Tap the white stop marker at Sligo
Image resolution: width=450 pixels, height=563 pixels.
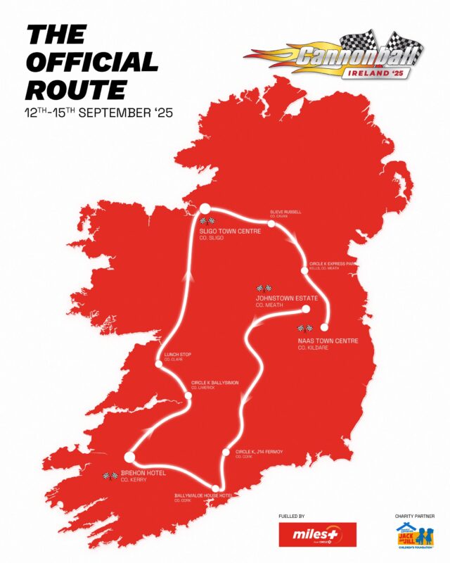click(x=205, y=208)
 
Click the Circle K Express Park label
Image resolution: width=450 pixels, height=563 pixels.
click(x=329, y=265)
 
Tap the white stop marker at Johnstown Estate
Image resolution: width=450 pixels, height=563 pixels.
click(x=307, y=309)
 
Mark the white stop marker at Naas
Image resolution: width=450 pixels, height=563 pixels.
click(x=325, y=327)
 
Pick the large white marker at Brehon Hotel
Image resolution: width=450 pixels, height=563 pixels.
click(x=129, y=457)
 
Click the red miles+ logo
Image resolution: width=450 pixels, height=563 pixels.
click(x=318, y=534)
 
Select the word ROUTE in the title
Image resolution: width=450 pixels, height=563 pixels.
click(x=77, y=89)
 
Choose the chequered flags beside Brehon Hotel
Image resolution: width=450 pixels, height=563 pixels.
click(x=110, y=476)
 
